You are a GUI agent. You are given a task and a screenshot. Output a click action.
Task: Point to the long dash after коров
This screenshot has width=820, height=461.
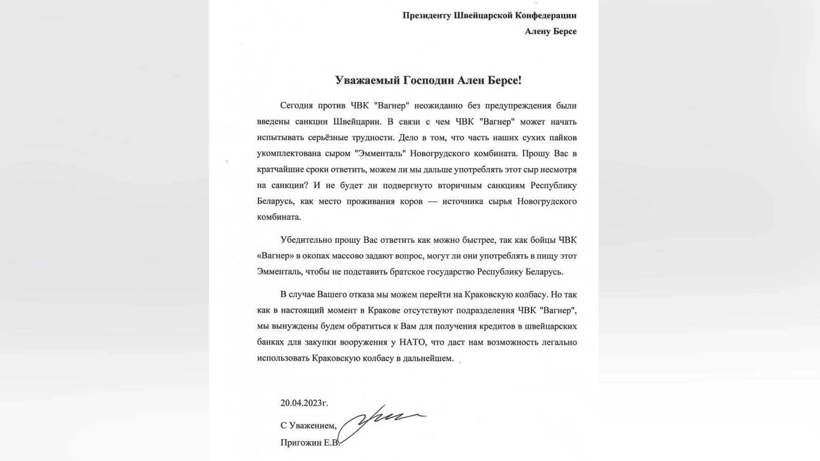pos(433,201)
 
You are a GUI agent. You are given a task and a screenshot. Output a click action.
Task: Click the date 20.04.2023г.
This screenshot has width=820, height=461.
pos(304,403)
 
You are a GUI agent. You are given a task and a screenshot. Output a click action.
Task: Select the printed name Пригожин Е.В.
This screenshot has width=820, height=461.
pos(310,443)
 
